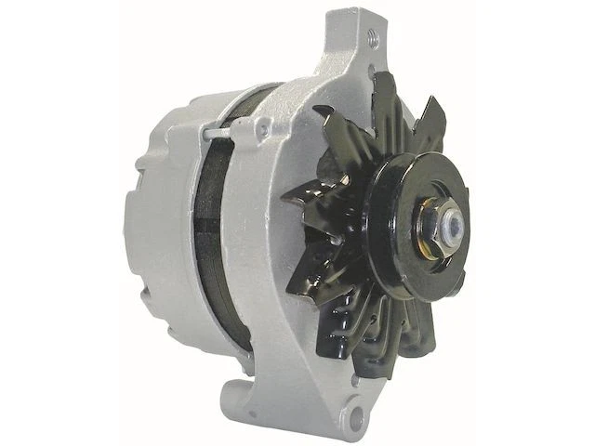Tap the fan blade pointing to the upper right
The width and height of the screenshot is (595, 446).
point(430,121)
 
